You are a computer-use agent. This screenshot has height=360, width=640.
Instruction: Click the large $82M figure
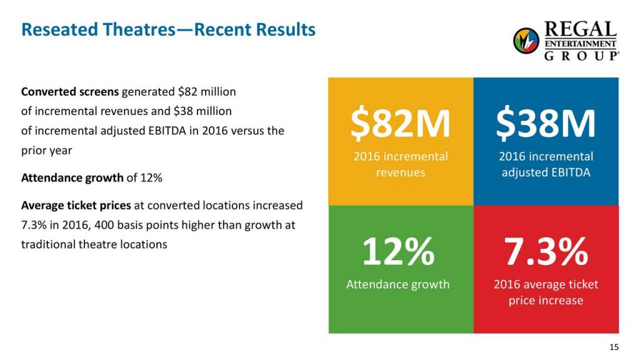point(400,123)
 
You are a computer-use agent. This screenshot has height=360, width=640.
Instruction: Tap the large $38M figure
point(546,123)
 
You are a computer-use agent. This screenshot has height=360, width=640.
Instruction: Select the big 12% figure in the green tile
point(398,251)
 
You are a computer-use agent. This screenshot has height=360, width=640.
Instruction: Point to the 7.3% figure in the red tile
point(546,251)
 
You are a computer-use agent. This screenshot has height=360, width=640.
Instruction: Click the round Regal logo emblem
point(526,41)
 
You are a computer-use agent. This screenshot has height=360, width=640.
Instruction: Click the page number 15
point(613,347)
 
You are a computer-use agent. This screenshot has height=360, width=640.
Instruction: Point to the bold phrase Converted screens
point(69,92)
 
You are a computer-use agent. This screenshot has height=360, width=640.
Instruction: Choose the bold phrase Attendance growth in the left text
point(72,177)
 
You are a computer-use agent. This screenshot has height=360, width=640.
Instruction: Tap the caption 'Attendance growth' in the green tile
point(398,284)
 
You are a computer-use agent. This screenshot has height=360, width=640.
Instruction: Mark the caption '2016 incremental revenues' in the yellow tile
point(401,164)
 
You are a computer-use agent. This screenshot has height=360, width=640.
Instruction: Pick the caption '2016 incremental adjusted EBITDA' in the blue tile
point(546,164)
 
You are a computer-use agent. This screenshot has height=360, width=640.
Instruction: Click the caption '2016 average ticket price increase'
point(546,292)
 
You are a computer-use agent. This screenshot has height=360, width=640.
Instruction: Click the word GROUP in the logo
point(581,55)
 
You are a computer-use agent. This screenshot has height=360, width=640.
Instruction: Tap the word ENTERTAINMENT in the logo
point(581,43)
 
